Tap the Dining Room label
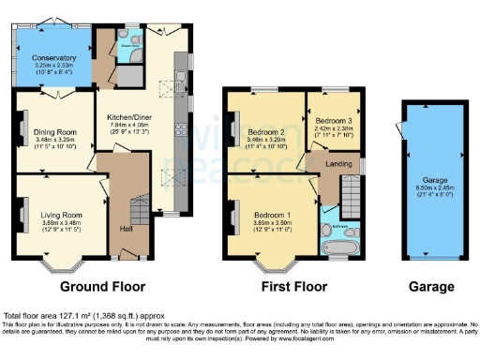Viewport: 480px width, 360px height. point(55,131)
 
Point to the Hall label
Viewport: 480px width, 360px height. point(125,228)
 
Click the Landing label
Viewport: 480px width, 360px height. point(338,164)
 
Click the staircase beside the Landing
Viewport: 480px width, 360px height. point(350,198)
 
